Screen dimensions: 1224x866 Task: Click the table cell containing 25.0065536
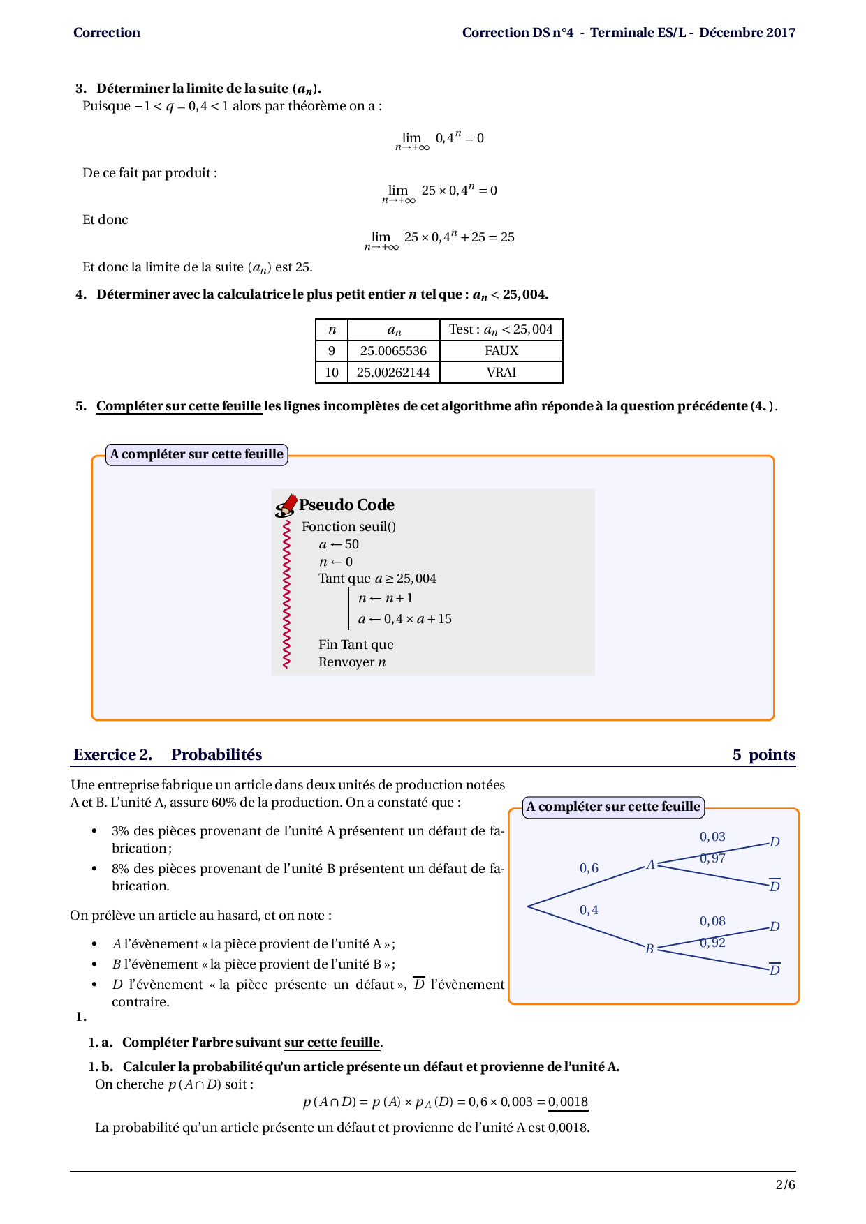click(x=393, y=351)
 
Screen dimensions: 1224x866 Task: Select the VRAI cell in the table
click(x=501, y=373)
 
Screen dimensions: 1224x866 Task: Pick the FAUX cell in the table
click(x=501, y=351)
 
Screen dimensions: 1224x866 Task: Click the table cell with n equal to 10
click(x=332, y=373)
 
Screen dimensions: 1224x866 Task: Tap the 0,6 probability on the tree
click(x=589, y=868)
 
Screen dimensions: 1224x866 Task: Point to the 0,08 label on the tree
click(x=712, y=921)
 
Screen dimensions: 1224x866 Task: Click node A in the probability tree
click(x=650, y=865)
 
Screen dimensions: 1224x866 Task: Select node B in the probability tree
click(x=649, y=949)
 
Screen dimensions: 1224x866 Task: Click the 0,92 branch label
click(x=712, y=943)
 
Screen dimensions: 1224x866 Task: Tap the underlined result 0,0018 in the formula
click(x=568, y=1102)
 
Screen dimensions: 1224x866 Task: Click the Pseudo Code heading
click(x=346, y=505)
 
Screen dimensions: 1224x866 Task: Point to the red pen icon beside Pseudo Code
click(x=286, y=506)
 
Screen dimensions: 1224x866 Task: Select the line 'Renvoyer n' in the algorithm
click(x=352, y=662)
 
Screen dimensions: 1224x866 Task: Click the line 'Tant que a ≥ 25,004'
click(x=377, y=579)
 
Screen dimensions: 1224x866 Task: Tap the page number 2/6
click(x=785, y=1184)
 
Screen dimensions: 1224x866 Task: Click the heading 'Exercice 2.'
click(x=112, y=754)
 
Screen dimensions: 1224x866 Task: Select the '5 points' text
click(x=763, y=754)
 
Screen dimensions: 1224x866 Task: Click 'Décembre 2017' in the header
click(x=747, y=33)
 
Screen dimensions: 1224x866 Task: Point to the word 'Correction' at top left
click(x=107, y=33)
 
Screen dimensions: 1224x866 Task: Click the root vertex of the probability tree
click(x=528, y=906)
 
